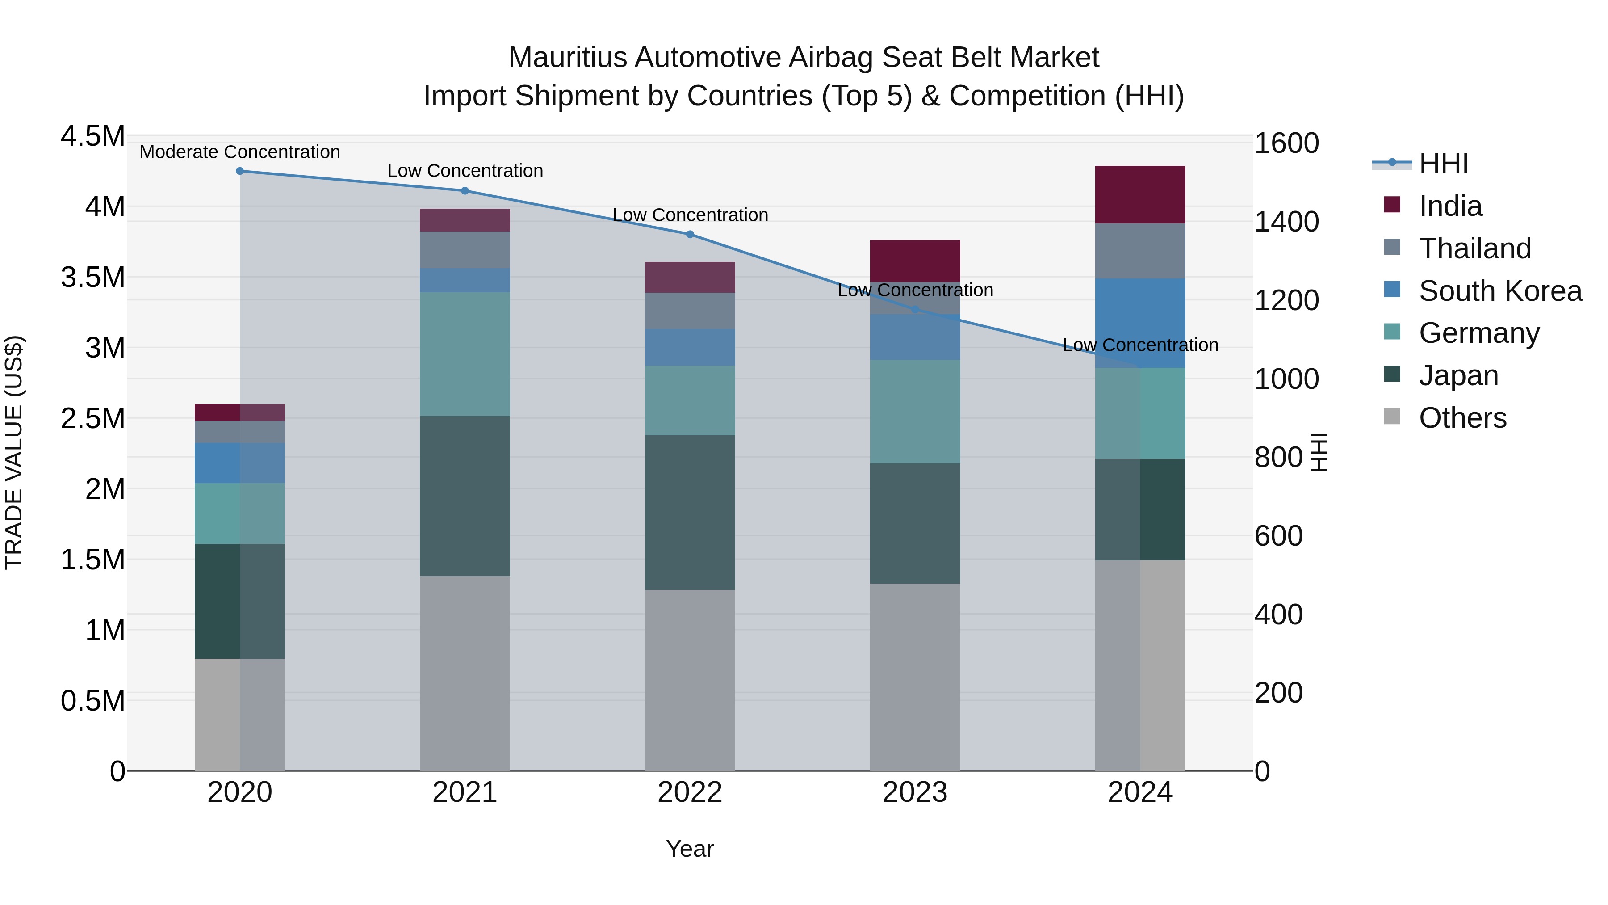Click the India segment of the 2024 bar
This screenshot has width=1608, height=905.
[x=1140, y=194]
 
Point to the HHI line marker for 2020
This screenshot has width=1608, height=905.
[x=240, y=171]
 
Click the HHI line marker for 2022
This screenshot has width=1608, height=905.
[x=690, y=234]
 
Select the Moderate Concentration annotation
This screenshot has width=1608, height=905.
[x=240, y=152]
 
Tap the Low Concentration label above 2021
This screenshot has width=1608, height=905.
[x=465, y=171]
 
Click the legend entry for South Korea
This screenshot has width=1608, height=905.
[x=1500, y=290]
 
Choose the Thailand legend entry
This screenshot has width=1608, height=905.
[x=1475, y=248]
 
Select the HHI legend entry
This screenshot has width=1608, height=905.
[x=1443, y=164]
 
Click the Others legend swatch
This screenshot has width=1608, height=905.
[x=1392, y=417]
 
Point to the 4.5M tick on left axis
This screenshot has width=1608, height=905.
[x=92, y=136]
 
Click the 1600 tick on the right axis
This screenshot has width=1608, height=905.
[x=1286, y=143]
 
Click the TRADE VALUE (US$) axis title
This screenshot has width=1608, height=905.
[x=14, y=452]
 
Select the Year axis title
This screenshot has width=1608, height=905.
[x=690, y=849]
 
